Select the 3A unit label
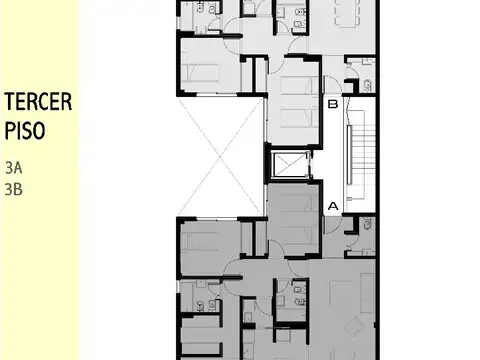(12, 167)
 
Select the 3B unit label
(12, 185)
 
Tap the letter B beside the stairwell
(333, 104)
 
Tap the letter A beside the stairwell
(333, 206)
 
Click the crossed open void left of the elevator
(221, 156)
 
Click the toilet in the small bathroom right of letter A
(365, 229)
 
